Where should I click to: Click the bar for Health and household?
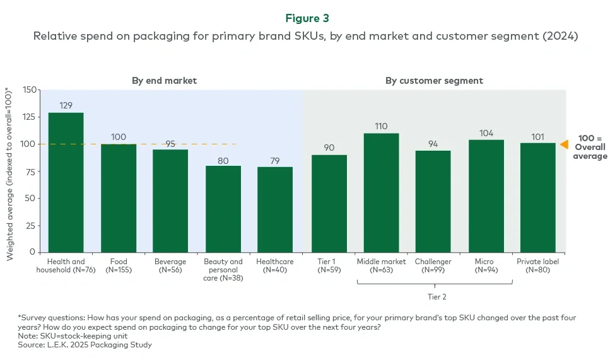coord(66,183)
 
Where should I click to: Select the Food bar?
coord(119,198)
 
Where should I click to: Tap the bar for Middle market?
coord(381,193)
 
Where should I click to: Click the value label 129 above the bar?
coord(66,105)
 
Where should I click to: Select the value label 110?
coord(381,126)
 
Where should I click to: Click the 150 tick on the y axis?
coord(30,90)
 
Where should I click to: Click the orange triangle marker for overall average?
coord(564,144)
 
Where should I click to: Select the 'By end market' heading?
coord(164,81)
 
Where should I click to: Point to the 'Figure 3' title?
coord(307,19)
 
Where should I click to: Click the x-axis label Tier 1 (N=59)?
coord(329,265)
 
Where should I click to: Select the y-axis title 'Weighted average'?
coord(11,174)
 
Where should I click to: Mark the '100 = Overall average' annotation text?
coord(590,146)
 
